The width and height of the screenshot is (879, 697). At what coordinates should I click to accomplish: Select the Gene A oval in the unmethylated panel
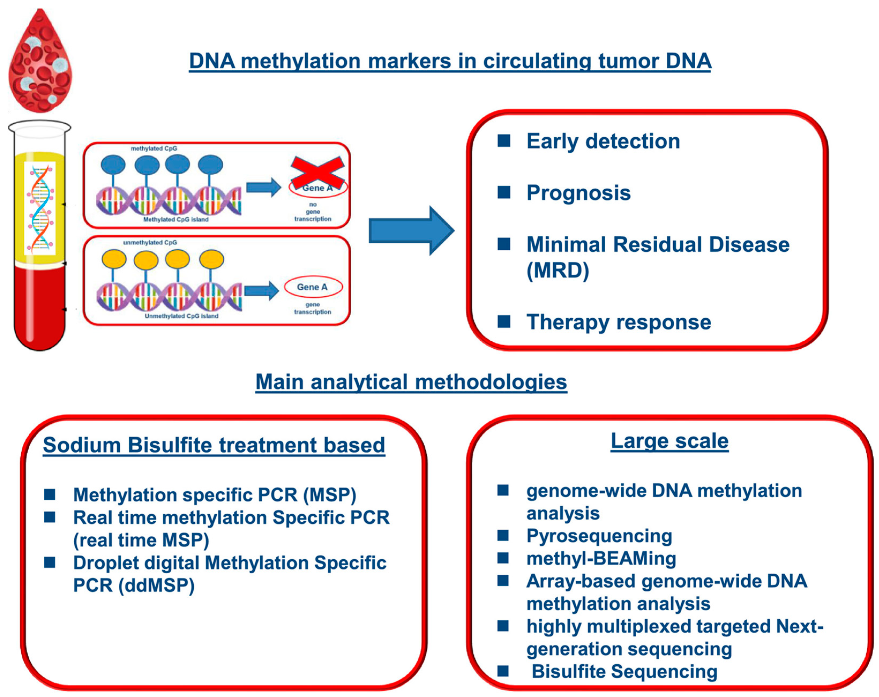pyautogui.click(x=313, y=287)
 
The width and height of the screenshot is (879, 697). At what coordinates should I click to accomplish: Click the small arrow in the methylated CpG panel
pyautogui.click(x=264, y=187)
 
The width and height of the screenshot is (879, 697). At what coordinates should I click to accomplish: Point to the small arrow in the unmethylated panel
pyautogui.click(x=262, y=291)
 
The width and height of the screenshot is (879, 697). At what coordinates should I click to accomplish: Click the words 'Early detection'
pyautogui.click(x=603, y=141)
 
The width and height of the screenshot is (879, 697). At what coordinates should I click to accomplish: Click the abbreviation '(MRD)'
pyautogui.click(x=558, y=270)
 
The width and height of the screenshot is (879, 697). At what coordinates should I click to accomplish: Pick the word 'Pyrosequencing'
pyautogui.click(x=599, y=536)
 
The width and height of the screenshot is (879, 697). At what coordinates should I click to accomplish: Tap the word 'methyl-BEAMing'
pyautogui.click(x=601, y=559)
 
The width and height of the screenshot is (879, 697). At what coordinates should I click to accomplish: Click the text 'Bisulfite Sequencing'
pyautogui.click(x=624, y=672)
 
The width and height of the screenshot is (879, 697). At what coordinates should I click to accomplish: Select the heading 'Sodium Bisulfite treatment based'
pyautogui.click(x=214, y=445)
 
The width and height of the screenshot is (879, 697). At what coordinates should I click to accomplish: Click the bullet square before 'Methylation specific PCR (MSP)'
pyautogui.click(x=50, y=494)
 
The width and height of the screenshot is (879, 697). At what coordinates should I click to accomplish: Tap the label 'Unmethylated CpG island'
pyautogui.click(x=181, y=316)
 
